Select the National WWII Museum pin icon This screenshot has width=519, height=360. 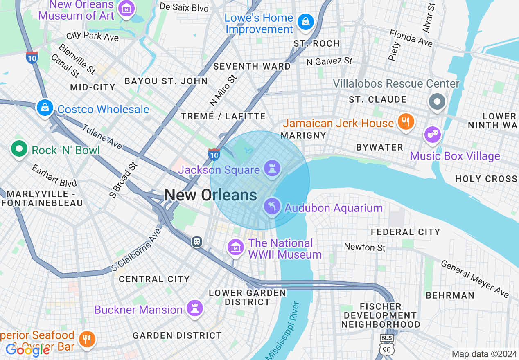[236, 248]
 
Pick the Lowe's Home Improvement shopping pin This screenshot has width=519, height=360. [305, 22]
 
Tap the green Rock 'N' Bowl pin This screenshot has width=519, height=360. [19, 149]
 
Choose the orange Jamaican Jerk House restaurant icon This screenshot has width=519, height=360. [405, 122]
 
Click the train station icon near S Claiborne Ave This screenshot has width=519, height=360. [197, 242]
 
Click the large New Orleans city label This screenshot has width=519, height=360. [211, 195]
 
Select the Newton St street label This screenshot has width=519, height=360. [365, 247]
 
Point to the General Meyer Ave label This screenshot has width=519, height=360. [475, 279]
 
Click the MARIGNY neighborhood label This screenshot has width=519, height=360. [303, 135]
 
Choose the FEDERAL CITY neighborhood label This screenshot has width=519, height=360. [405, 232]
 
